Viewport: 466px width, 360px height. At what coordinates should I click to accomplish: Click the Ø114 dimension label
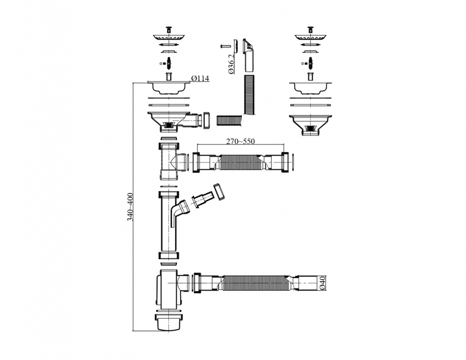[x=200, y=79]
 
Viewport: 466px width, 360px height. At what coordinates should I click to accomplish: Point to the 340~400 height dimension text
[x=130, y=207]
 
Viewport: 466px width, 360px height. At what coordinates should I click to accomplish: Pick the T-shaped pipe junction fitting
[x=169, y=162]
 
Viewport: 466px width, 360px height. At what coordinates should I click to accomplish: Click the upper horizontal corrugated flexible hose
[x=241, y=162]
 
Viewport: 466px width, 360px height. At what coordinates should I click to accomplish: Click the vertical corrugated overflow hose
[x=250, y=95]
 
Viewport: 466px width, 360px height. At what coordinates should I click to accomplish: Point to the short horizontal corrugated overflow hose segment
[x=229, y=120]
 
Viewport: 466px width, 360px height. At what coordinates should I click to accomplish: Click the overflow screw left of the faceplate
[x=224, y=46]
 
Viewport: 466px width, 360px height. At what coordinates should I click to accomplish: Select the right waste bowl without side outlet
[x=311, y=121]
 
